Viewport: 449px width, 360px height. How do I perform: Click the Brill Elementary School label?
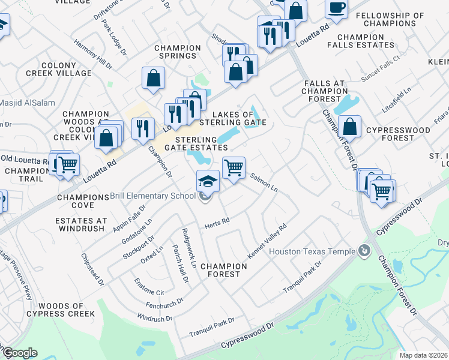[153, 196]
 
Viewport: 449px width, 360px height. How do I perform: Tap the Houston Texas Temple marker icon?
[364, 251]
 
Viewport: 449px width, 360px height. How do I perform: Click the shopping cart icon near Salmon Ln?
[234, 167]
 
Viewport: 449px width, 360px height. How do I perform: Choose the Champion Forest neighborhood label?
[220, 269]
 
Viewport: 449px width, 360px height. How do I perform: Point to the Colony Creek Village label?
[58, 69]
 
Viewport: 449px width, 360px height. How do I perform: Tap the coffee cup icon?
[337, 8]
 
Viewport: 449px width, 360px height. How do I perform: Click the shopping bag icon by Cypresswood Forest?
[349, 127]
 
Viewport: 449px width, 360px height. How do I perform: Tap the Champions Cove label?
[83, 201]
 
